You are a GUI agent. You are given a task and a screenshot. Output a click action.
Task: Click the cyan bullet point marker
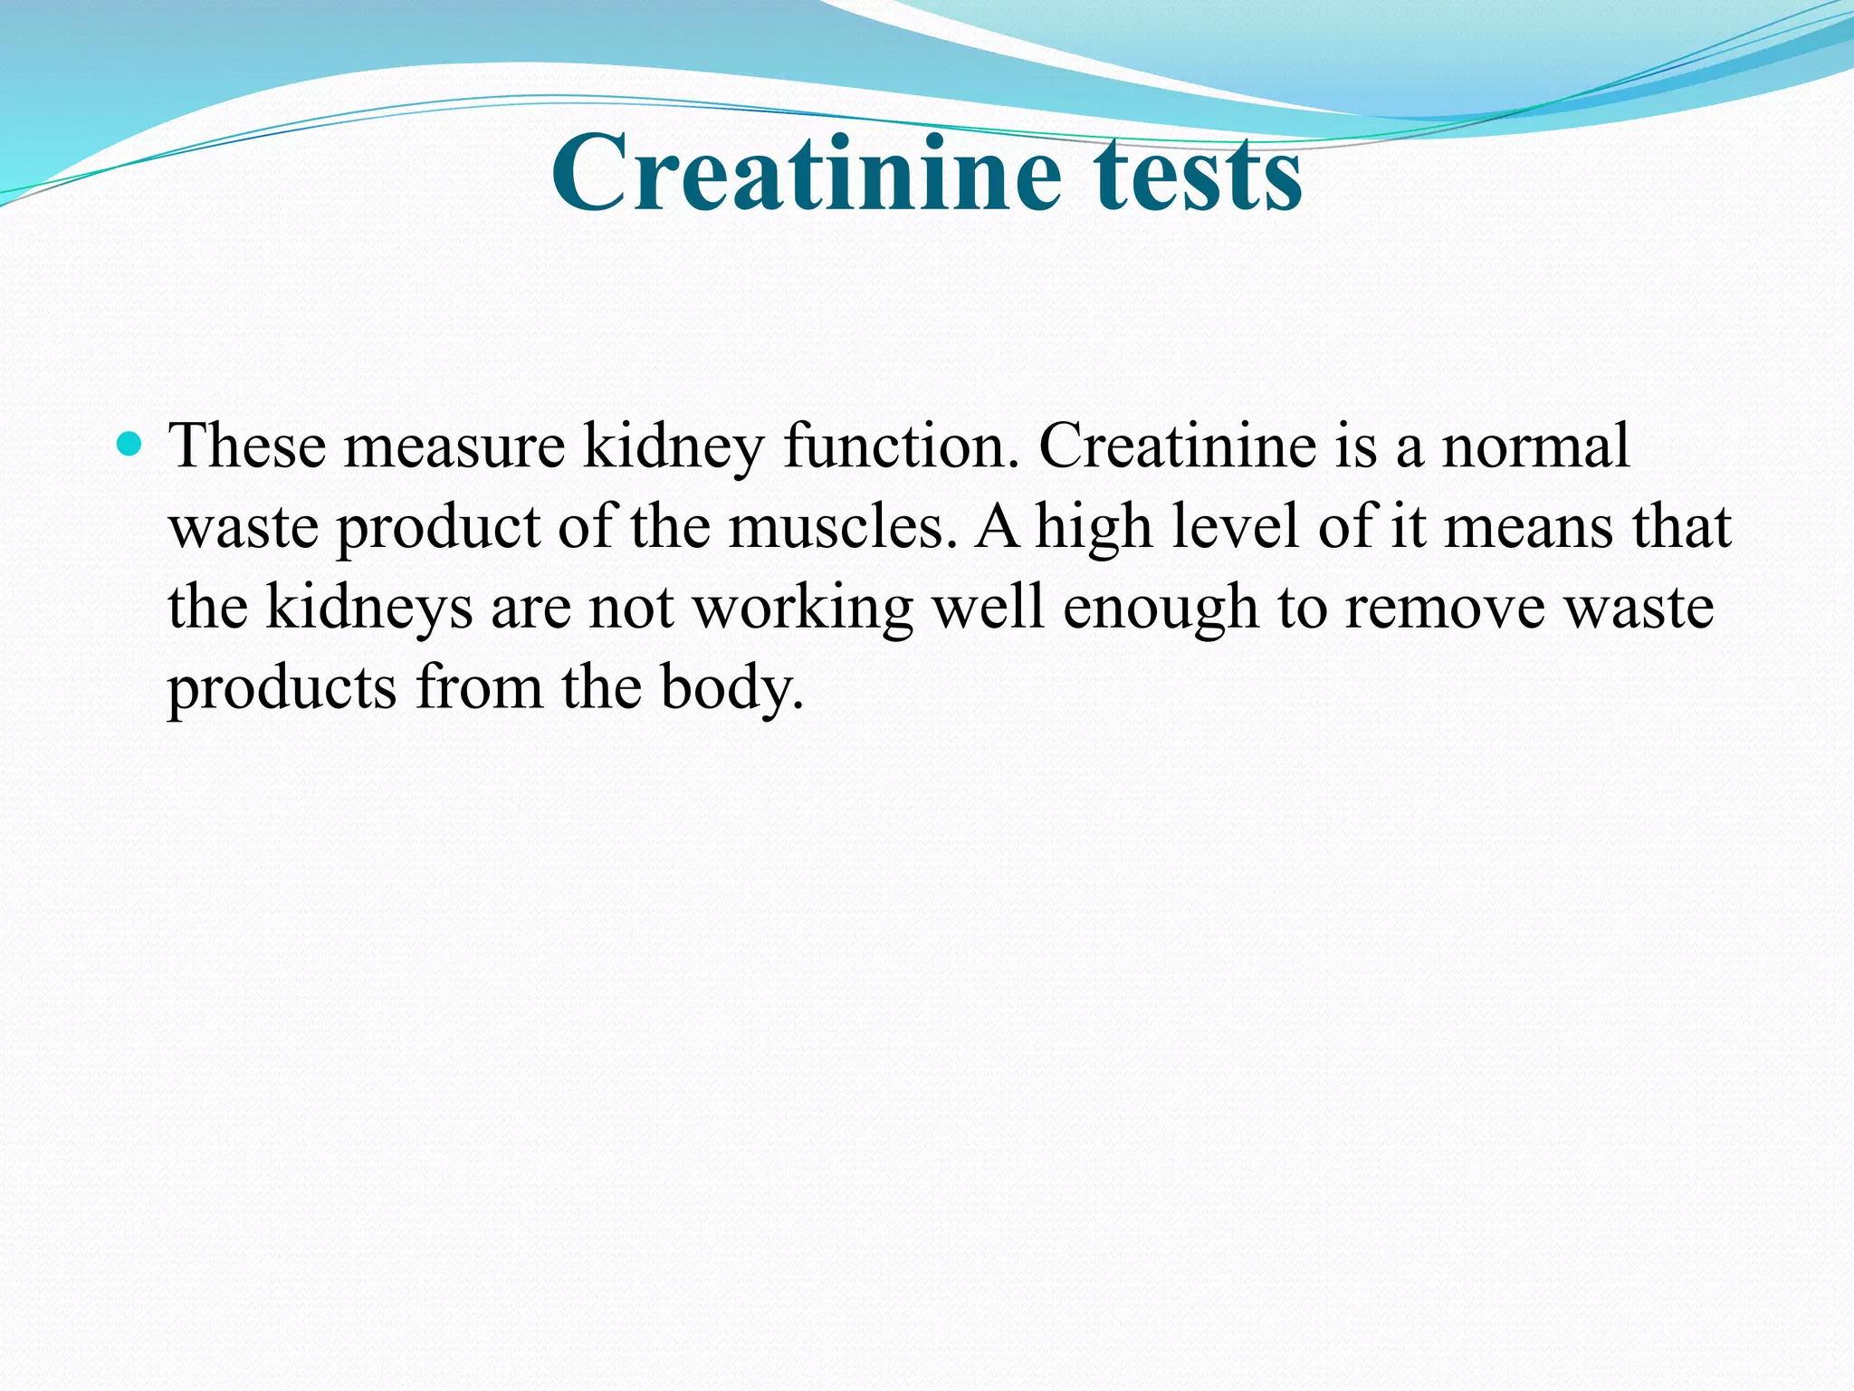point(130,444)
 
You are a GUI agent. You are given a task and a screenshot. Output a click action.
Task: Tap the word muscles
point(842,526)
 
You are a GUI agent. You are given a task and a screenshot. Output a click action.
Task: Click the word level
point(1235,526)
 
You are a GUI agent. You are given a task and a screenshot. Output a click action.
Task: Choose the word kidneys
point(368,607)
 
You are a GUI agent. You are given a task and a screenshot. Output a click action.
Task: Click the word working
point(803,607)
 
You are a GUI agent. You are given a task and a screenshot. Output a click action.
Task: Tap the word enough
point(1161,607)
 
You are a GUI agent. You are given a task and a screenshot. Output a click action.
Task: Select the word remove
point(1445,607)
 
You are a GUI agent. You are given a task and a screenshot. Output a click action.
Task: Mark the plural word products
point(282,687)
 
